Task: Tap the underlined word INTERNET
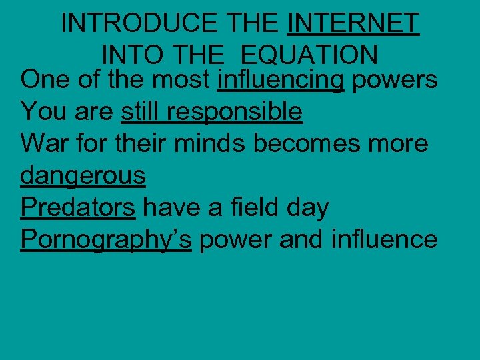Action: point(353,24)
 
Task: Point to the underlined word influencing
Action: point(281,80)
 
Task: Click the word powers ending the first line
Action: point(395,80)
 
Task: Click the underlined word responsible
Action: point(235,111)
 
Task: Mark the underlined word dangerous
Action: point(83,175)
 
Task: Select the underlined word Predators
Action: point(78,207)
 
